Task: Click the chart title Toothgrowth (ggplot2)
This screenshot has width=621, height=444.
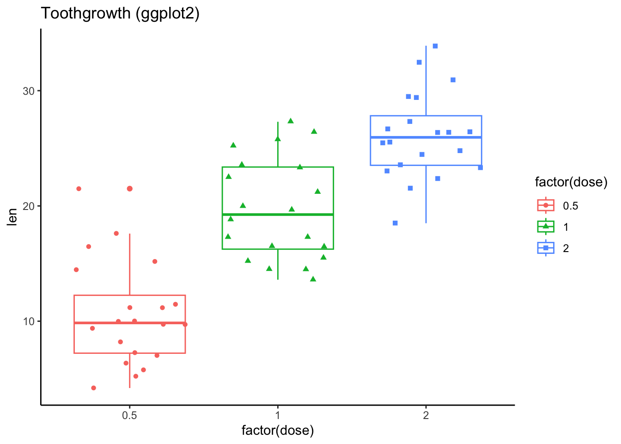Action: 120,13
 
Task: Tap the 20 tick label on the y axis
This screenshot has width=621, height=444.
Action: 29,206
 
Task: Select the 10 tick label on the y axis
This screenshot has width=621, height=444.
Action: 29,321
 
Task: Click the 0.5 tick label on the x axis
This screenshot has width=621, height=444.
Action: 129,415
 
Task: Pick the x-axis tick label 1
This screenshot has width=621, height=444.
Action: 278,415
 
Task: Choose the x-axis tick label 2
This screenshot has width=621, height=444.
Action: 426,415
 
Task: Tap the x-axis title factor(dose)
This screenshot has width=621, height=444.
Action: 278,431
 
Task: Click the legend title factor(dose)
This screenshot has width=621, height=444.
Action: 571,182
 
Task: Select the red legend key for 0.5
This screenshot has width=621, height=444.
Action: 546,205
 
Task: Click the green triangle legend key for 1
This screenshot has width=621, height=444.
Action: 546,227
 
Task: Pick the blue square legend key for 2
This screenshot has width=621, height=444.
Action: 546,248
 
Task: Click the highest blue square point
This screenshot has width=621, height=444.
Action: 435,46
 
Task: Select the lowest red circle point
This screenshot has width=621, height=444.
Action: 93,388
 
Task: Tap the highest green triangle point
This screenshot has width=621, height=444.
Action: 291,121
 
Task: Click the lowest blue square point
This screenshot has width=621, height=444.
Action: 395,223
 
